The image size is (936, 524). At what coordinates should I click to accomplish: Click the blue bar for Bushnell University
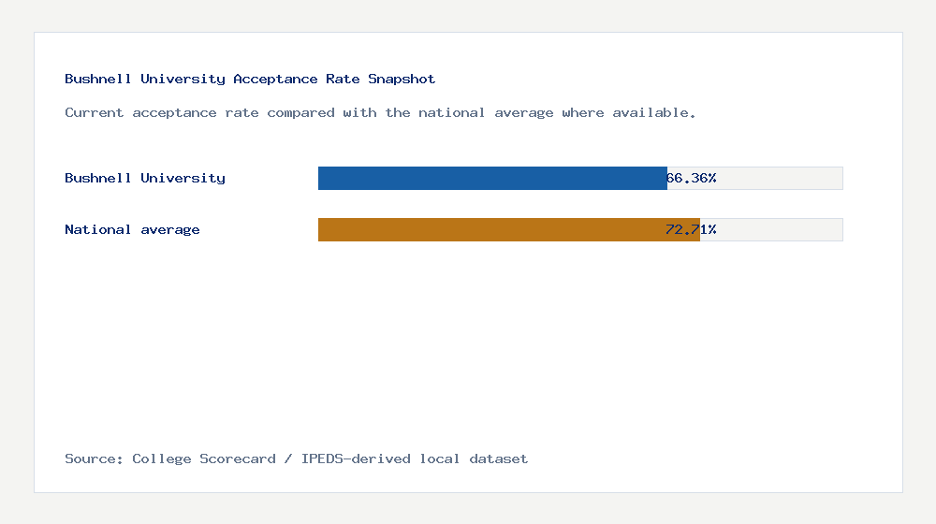coord(492,178)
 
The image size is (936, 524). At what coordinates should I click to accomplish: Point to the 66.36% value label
coord(692,178)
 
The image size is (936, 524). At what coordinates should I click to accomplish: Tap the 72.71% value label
coord(691,229)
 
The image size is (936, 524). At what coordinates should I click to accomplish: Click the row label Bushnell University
coord(145,178)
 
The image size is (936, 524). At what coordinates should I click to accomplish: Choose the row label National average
coord(132,229)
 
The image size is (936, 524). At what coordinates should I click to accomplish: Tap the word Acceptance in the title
coord(275,80)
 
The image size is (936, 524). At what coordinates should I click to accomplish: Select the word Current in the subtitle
coord(95,112)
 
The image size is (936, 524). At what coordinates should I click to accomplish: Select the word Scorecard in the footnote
coord(238,458)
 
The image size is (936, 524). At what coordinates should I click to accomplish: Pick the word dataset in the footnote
coord(499,458)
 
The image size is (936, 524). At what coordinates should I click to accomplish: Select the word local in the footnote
coord(440,458)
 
